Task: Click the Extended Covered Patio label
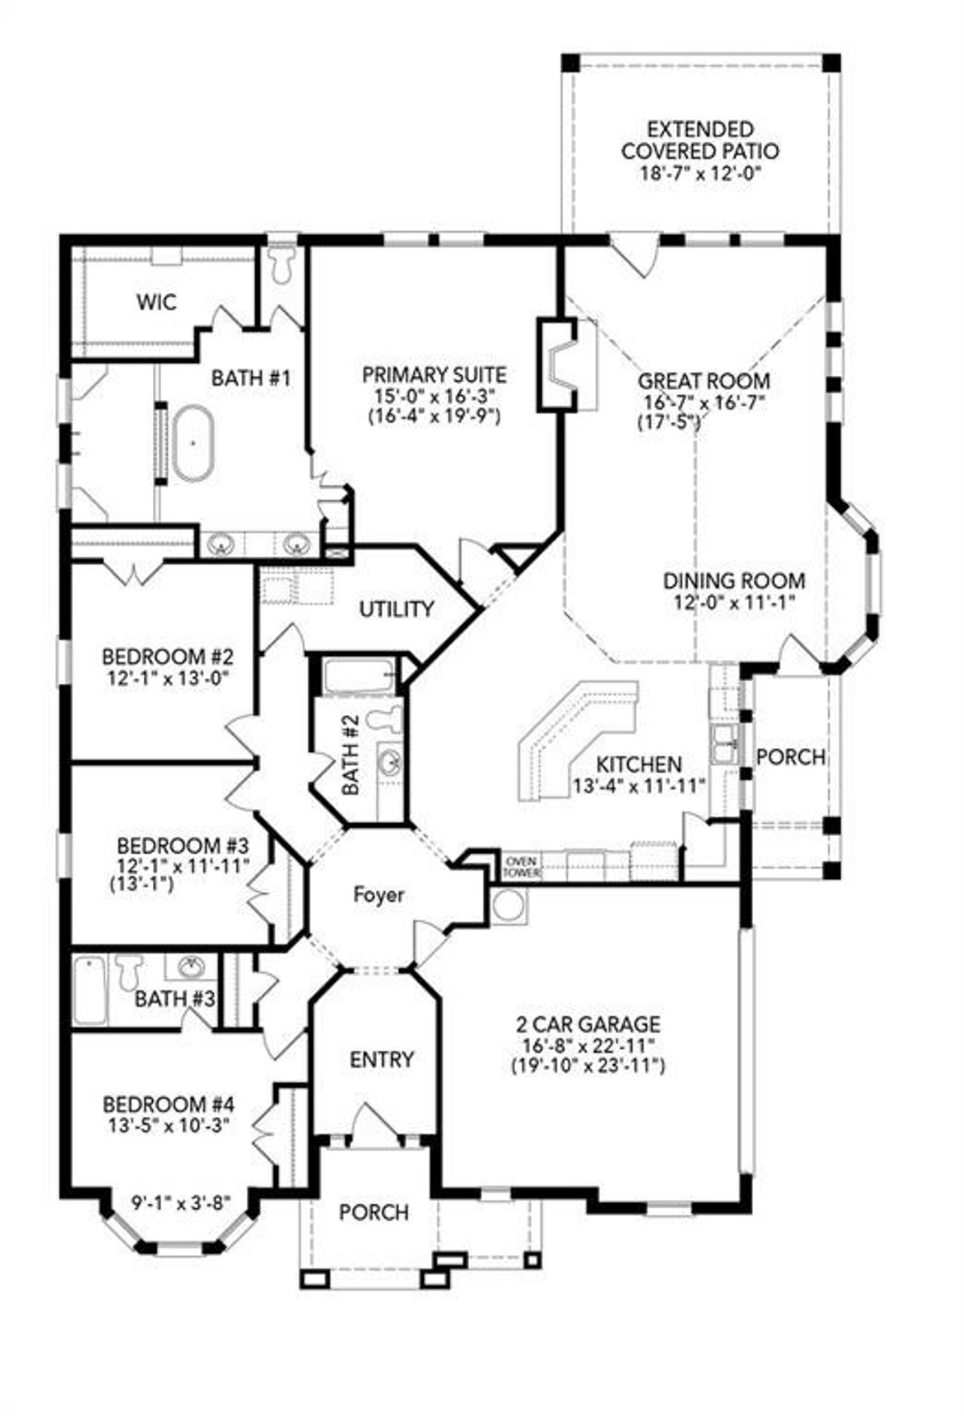tap(700, 140)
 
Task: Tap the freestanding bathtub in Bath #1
tap(194, 443)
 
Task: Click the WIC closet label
tap(157, 303)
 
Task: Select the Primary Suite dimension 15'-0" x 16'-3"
tap(435, 395)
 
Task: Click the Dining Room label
tap(734, 581)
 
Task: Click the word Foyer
tap(379, 895)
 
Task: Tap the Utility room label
tap(396, 609)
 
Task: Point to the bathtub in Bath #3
tap(90, 990)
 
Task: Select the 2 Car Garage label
tap(587, 1024)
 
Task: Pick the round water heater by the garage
tap(508, 906)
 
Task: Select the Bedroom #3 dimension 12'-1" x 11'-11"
tap(182, 866)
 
